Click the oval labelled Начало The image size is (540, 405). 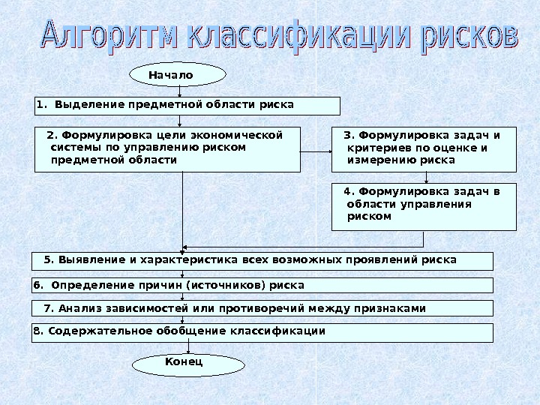(x=178, y=75)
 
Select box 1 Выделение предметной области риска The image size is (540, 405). (x=187, y=105)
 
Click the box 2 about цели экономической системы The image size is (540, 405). (x=167, y=149)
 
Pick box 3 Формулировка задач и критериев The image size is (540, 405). (x=424, y=149)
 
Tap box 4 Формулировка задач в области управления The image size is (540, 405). (x=424, y=206)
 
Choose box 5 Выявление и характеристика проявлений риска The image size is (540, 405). (x=262, y=261)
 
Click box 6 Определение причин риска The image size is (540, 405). (x=262, y=285)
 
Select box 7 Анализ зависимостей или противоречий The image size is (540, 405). (x=262, y=308)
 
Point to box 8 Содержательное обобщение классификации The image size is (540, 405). (x=262, y=332)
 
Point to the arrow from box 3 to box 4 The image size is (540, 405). (x=426, y=178)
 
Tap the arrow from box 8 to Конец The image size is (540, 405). (x=187, y=348)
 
